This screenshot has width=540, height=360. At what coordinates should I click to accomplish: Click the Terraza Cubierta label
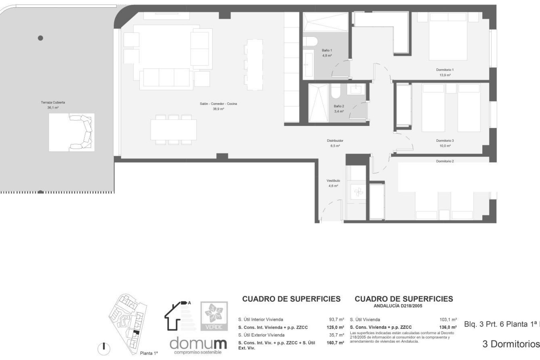point(53,103)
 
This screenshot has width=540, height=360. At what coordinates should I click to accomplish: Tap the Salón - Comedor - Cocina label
point(218,104)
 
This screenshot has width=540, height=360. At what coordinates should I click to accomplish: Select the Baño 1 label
point(327,50)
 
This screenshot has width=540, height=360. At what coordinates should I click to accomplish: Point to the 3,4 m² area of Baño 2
point(339,111)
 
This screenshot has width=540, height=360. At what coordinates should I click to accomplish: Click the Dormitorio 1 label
point(445,70)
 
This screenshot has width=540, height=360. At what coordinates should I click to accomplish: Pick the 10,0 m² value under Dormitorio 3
point(445,146)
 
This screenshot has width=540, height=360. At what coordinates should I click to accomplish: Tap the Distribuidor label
point(335,141)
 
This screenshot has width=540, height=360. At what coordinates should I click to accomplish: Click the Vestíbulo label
point(333,181)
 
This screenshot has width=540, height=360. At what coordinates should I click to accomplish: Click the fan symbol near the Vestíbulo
point(358,193)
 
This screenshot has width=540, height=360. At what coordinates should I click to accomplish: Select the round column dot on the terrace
point(40,38)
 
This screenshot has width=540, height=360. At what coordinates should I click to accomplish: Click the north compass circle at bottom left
point(104,349)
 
